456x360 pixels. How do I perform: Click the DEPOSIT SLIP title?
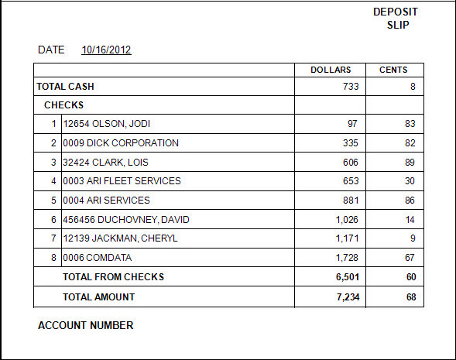click(396, 19)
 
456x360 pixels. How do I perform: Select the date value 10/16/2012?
click(106, 50)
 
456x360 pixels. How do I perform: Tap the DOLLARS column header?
click(331, 70)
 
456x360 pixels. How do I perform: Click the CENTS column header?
click(393, 70)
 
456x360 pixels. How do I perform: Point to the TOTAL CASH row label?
click(66, 87)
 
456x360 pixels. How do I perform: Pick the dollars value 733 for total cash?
click(351, 87)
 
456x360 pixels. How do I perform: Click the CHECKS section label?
click(63, 105)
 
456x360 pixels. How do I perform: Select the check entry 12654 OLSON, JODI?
click(106, 124)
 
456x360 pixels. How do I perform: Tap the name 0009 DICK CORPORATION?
click(121, 142)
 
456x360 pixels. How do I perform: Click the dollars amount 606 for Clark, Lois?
click(351, 163)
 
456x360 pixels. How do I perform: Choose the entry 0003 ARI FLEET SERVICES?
click(122, 181)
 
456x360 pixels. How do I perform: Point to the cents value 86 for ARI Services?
click(410, 200)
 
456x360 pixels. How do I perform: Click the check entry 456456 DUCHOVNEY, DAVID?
click(126, 220)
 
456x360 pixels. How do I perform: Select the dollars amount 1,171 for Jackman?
click(347, 238)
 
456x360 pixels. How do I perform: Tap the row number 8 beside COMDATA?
click(53, 257)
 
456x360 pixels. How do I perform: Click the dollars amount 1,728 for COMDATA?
click(347, 258)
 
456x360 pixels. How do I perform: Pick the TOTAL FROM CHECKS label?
click(113, 277)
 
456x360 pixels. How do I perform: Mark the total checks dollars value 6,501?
click(348, 277)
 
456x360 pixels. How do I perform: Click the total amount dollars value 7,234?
click(348, 297)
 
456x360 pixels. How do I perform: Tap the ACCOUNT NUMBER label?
click(85, 325)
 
